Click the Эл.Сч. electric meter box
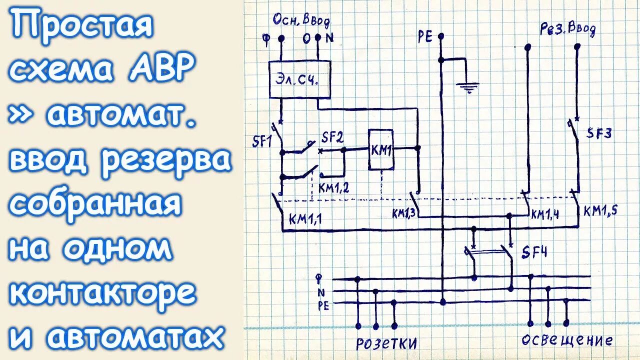pyautogui.click(x=300, y=79)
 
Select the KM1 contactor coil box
pyautogui.click(x=380, y=149)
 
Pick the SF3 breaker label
pyautogui.click(x=598, y=133)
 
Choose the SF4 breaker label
pyautogui.click(x=533, y=252)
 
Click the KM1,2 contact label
pyautogui.click(x=334, y=188)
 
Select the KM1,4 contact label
pyautogui.click(x=544, y=214)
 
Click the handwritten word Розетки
pyautogui.click(x=386, y=344)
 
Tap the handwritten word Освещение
pyautogui.click(x=566, y=341)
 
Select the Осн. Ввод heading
pyautogui.click(x=301, y=21)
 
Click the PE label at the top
pyautogui.click(x=425, y=37)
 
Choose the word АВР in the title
pyautogui.click(x=161, y=70)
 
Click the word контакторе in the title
pyautogui.click(x=102, y=293)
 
